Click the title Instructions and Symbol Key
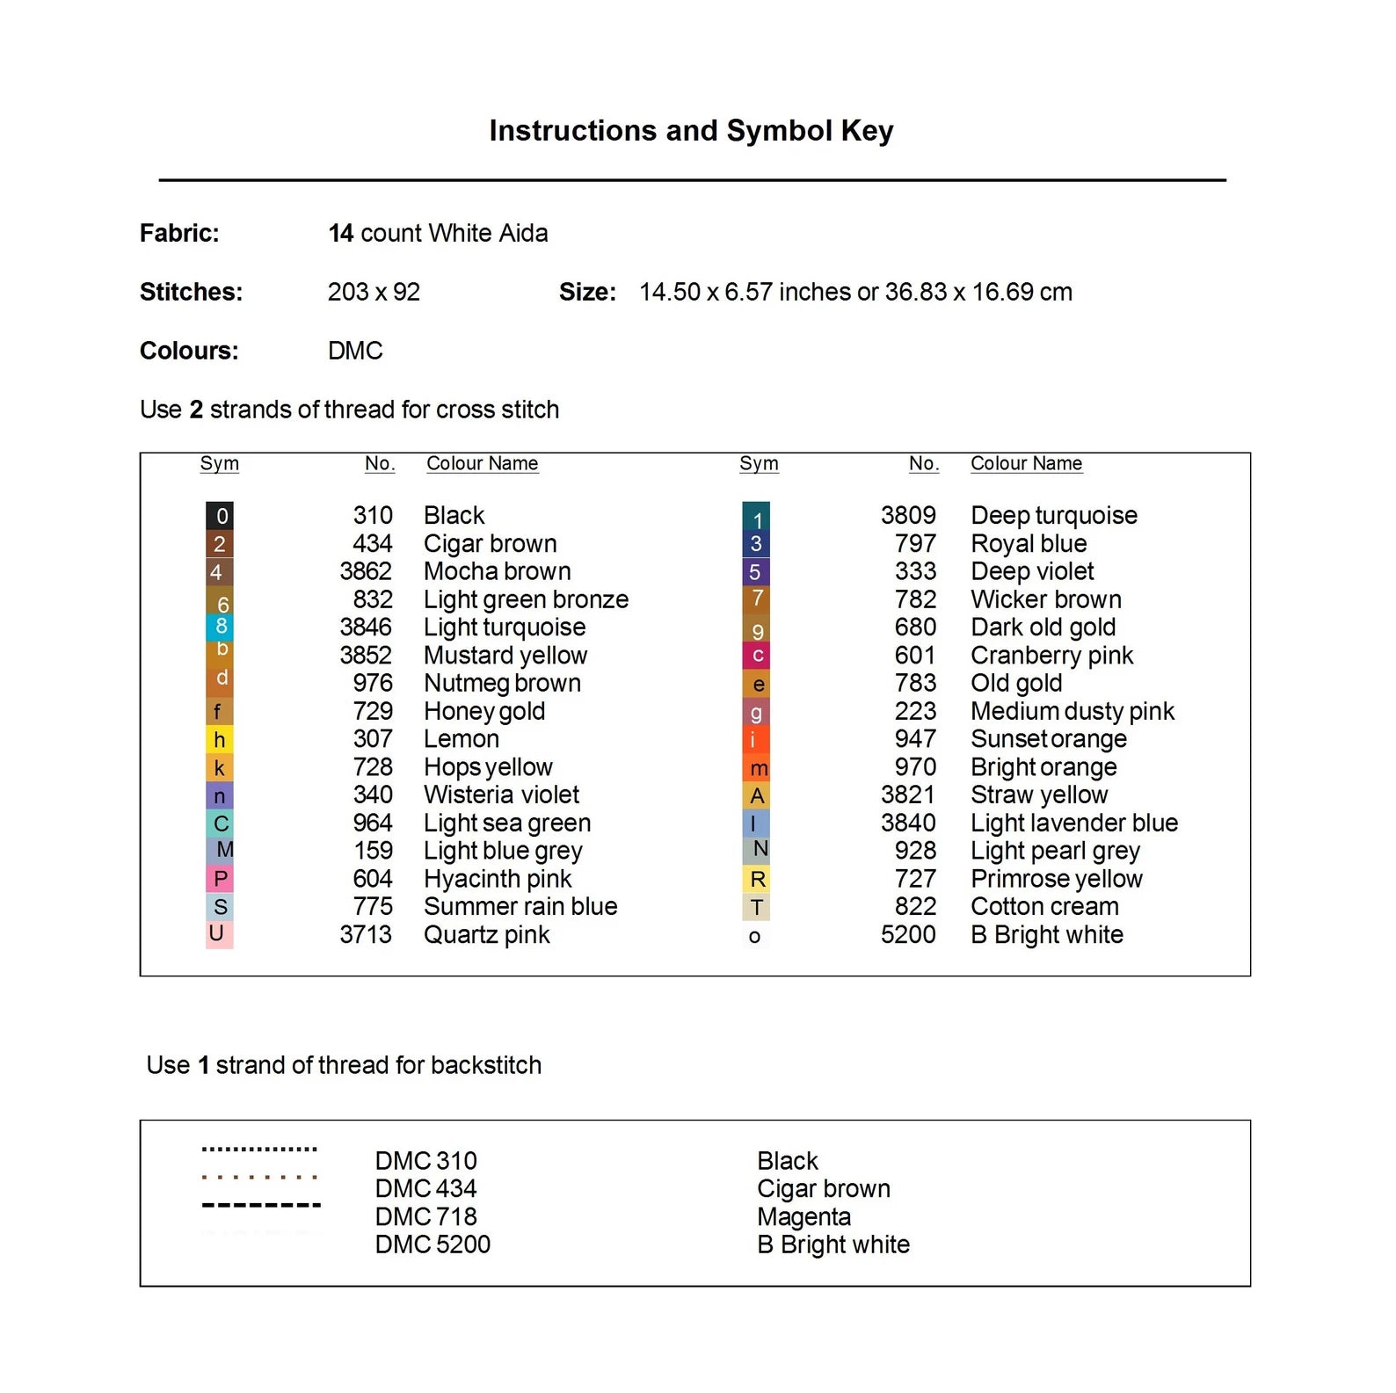click(x=691, y=131)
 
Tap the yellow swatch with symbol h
click(x=219, y=740)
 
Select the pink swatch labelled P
click(x=219, y=879)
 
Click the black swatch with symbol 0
click(x=220, y=516)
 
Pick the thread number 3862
click(x=366, y=571)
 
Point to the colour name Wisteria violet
click(x=501, y=795)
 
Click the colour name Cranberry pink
click(x=1051, y=656)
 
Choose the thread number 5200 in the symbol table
click(x=908, y=935)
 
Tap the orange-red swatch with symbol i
click(x=756, y=740)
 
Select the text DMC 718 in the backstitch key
click(x=425, y=1217)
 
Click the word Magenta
click(x=803, y=1217)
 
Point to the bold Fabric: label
click(x=179, y=234)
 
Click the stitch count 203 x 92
click(x=374, y=293)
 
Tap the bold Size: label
click(x=587, y=293)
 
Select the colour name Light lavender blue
click(x=1073, y=823)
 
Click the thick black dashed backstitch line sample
click(x=261, y=1205)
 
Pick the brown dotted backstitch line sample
click(x=259, y=1177)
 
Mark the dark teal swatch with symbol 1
click(x=756, y=518)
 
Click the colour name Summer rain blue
click(x=520, y=907)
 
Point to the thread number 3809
click(x=908, y=516)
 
